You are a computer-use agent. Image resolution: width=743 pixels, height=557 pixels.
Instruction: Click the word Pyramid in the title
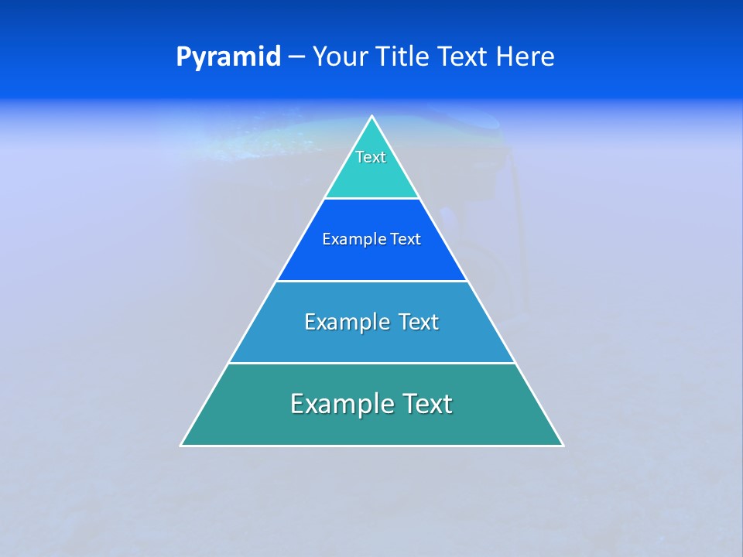point(228,57)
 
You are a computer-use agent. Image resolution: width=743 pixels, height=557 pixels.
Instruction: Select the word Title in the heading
point(407,57)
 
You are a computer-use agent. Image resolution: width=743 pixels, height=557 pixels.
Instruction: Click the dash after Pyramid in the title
point(296,57)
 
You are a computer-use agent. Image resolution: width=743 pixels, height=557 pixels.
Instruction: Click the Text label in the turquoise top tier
point(371,157)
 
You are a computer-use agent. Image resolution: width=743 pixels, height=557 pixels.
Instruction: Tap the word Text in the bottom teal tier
point(424,404)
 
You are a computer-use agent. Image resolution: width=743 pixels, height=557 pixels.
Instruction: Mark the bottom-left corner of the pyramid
point(181,445)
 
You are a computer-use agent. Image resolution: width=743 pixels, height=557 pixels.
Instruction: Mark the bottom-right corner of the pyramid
point(563,445)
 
